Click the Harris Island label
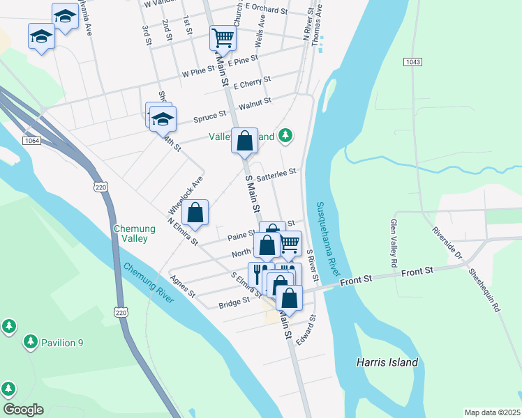[387, 362]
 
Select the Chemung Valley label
[131, 233]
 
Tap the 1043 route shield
[412, 62]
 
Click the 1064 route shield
[31, 141]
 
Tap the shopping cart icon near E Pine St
[223, 38]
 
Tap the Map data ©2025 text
[492, 412]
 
